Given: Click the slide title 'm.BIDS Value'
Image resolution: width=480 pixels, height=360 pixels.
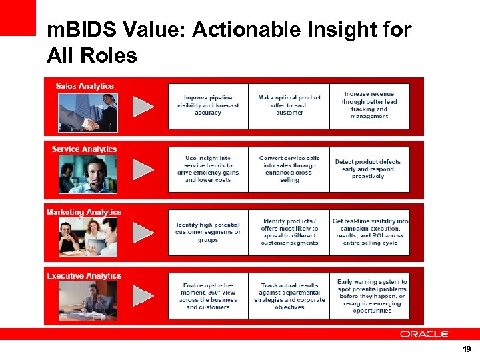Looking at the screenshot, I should tap(229, 42).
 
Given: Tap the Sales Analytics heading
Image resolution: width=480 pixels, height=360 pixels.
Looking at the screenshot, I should tap(85, 86).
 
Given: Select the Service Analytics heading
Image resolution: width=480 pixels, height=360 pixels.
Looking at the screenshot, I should tap(84, 149).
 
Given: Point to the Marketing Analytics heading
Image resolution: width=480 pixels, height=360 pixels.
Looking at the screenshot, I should tap(84, 212).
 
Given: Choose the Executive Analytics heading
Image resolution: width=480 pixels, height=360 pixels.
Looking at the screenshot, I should tap(84, 275).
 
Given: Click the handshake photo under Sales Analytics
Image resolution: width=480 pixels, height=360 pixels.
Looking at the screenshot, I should tap(87, 112).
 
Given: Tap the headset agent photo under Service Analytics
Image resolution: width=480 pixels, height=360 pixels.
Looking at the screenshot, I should tap(87, 174).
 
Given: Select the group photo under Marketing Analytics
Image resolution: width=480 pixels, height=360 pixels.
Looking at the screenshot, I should tap(87, 237).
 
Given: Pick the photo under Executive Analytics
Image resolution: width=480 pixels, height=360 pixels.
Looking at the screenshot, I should tap(87, 300).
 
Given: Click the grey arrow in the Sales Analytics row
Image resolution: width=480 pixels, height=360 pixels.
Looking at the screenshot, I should tap(143, 106).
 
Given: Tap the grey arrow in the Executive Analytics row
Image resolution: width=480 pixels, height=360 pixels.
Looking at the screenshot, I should tap(143, 296).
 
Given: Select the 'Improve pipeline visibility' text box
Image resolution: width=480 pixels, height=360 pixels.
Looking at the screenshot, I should tap(208, 106).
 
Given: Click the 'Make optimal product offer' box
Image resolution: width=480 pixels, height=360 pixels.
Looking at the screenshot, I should tap(289, 106).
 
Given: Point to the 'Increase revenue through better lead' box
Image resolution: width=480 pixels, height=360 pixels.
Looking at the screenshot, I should tap(369, 106).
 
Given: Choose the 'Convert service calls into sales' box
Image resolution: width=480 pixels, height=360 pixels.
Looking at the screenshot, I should tap(289, 169).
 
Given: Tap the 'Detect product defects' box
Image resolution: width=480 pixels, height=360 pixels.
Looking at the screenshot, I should tap(369, 169).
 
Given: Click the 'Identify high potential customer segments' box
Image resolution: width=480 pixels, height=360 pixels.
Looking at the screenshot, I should tap(208, 232).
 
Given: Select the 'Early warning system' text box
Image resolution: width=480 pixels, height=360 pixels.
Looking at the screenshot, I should tap(369, 296).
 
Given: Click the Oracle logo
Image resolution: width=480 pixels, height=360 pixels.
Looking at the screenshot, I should tap(425, 333).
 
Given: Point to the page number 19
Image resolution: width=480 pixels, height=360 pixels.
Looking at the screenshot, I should tap(466, 349).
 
